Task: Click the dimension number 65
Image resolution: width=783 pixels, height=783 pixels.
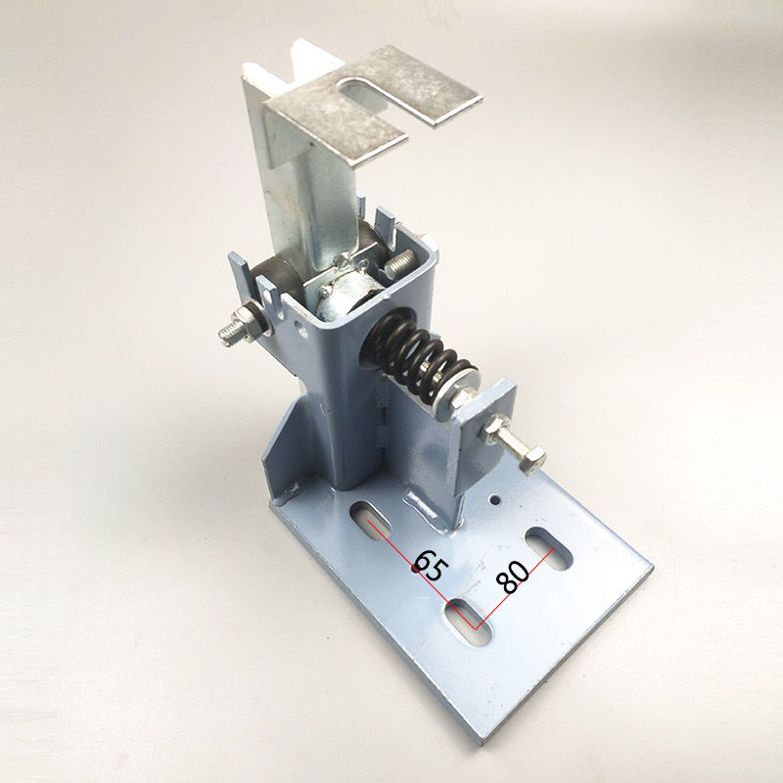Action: tap(430, 566)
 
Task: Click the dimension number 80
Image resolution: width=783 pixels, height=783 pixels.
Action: tap(513, 577)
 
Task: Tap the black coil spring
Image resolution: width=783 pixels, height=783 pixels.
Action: tap(420, 360)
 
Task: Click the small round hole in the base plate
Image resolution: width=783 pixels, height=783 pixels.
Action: tap(494, 498)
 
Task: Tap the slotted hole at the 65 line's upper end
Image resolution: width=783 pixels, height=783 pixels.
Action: tap(371, 522)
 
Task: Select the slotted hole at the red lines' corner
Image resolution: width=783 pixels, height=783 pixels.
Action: tap(468, 622)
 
